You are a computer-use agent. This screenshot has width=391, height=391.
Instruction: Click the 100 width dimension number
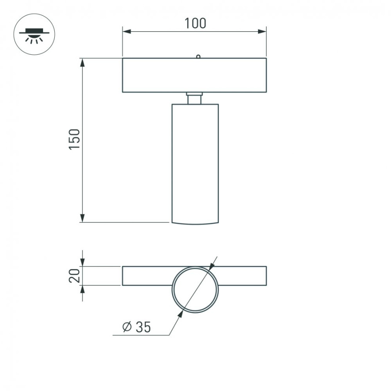195,23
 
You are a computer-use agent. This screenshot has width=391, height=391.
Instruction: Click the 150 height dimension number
74,139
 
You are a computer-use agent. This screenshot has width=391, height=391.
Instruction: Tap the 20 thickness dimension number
74,276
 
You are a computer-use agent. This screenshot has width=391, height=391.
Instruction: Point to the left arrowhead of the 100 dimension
126,31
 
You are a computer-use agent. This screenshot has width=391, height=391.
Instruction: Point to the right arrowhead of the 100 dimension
262,31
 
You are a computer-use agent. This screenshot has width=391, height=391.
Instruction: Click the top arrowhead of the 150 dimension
82,62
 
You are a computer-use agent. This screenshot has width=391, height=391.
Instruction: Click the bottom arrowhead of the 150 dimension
82,218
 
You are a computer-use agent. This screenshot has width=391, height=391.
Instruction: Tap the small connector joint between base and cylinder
195,98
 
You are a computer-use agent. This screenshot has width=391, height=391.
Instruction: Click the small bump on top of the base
198,56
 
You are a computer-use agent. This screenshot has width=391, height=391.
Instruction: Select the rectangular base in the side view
194,75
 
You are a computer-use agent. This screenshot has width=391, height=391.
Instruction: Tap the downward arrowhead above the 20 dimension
82,262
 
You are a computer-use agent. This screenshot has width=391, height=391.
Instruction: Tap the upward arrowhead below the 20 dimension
82,290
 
